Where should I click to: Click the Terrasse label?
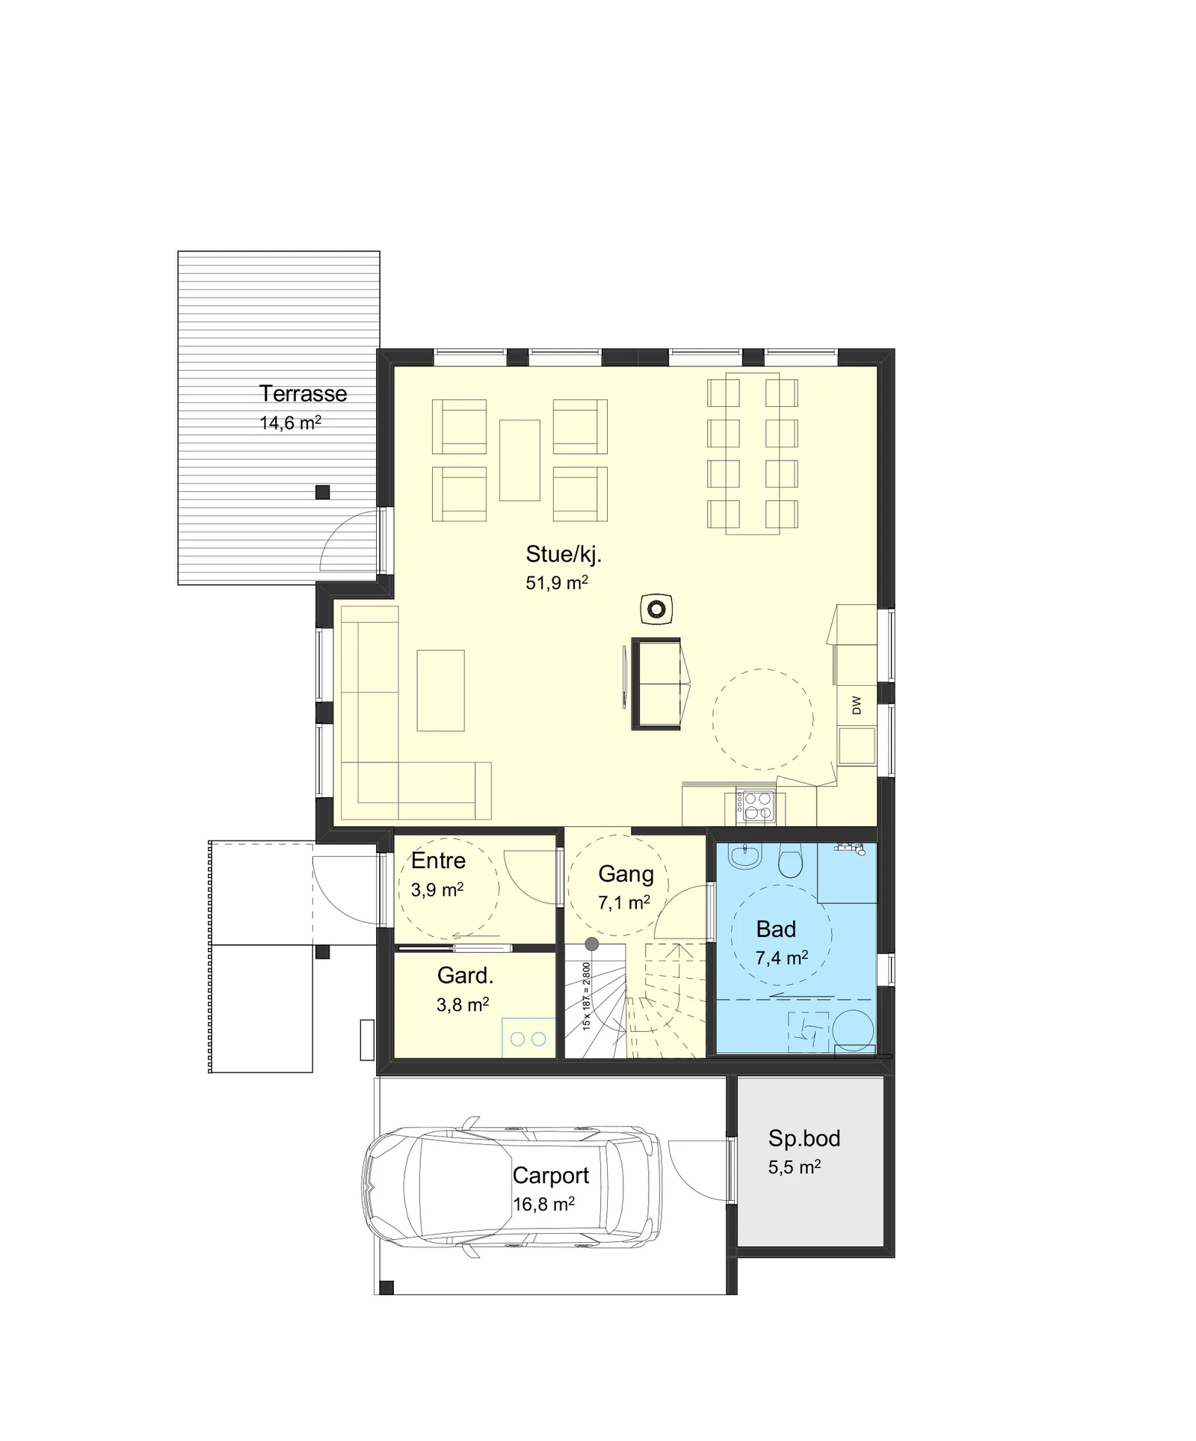pos(303,393)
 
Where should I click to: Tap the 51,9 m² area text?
pos(557,583)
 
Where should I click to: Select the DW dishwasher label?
pos(856,705)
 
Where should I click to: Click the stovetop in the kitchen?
pos(755,806)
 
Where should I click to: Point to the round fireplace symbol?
pos(656,609)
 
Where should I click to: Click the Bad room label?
pos(776,929)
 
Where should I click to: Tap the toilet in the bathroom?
pos(789,860)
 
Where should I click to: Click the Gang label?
pos(626,874)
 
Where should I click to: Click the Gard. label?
pos(465,975)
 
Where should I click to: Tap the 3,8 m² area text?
pos(463,1004)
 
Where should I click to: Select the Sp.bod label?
pos(804,1138)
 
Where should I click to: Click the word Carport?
pos(551,1176)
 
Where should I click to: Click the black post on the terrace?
pos(322,492)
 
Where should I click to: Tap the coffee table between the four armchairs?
pos(520,460)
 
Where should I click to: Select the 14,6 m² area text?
pos(290,423)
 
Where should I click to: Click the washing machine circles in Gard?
pos(528,1038)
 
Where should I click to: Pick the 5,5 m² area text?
pos(795,1167)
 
